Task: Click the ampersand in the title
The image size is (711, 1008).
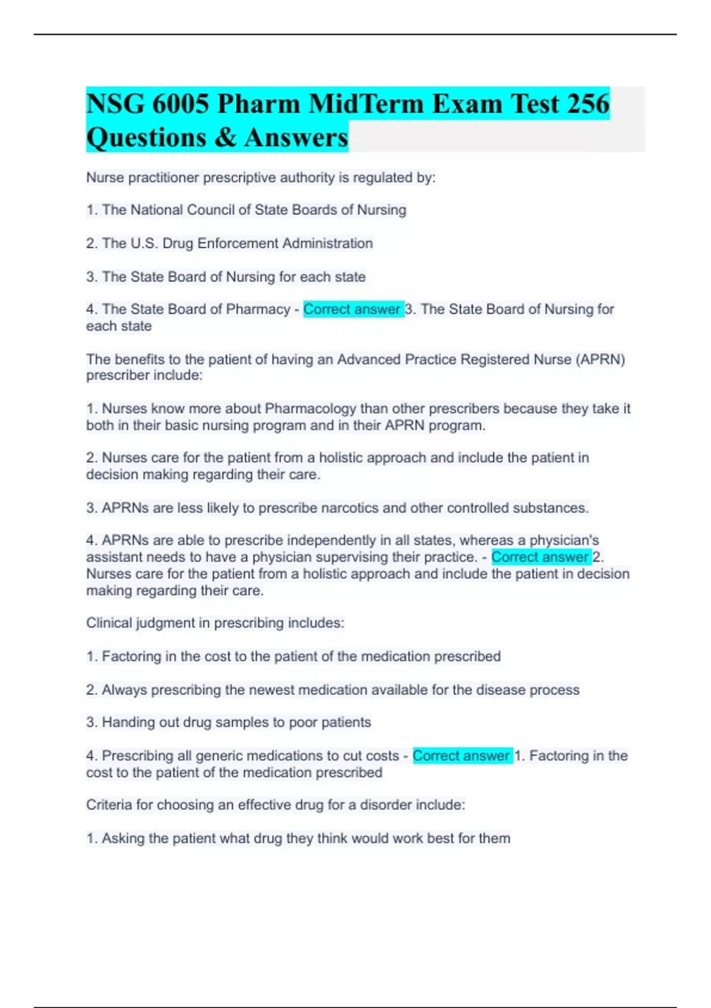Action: coord(225,138)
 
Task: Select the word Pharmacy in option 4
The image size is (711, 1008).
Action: coord(258,310)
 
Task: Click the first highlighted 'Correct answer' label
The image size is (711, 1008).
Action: coord(353,310)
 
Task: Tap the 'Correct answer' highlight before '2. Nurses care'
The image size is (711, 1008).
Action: coord(540,557)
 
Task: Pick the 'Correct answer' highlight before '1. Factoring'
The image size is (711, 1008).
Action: coord(462,756)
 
